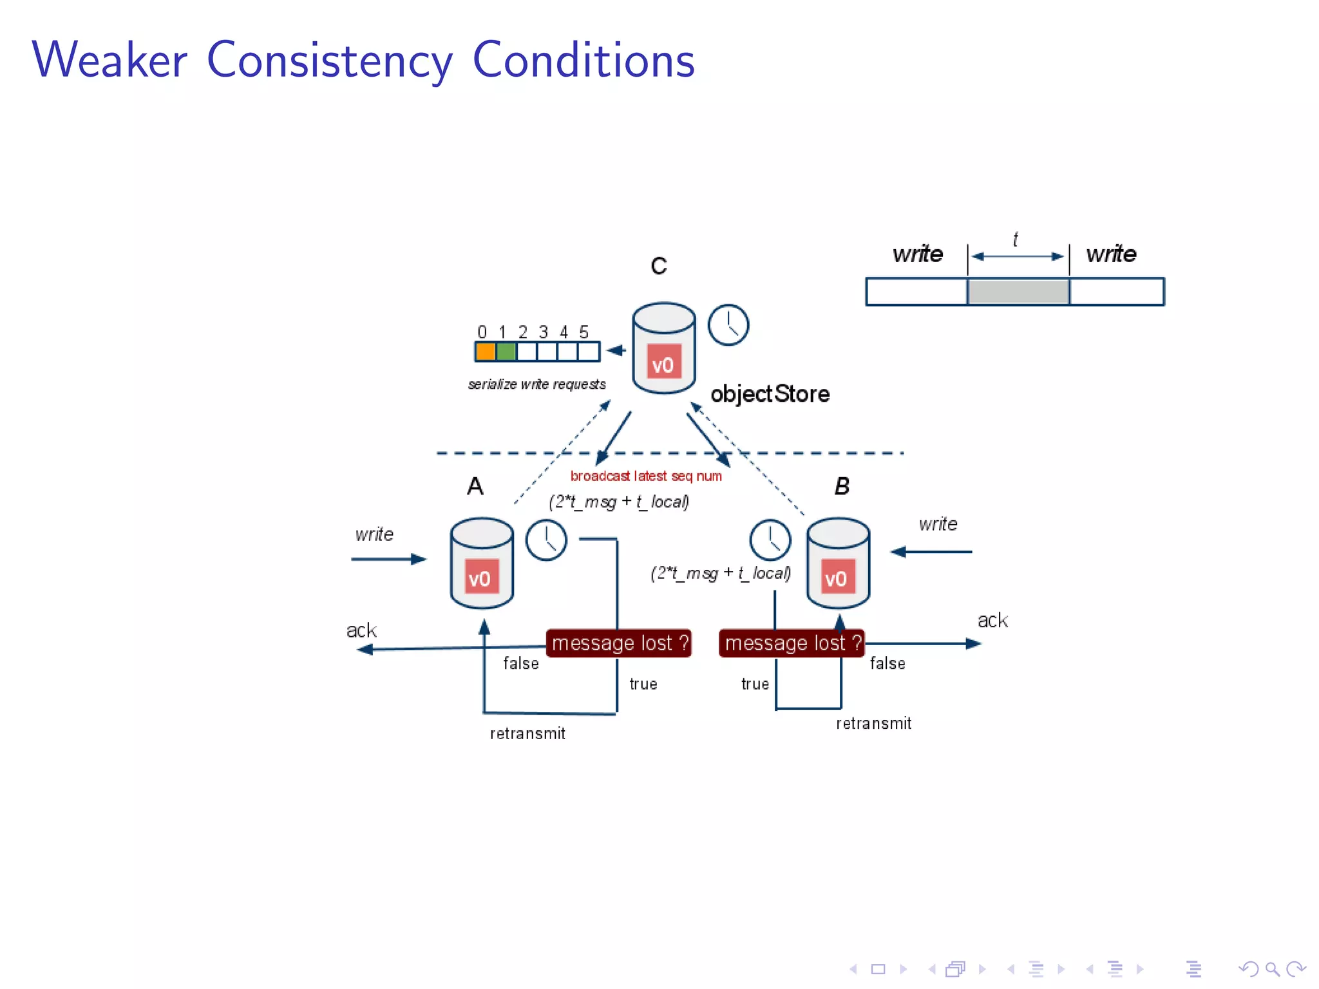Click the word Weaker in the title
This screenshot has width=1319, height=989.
point(109,60)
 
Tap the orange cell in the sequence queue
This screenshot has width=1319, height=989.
point(485,352)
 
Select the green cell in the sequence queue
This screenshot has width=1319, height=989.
point(506,352)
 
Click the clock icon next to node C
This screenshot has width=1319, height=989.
point(728,325)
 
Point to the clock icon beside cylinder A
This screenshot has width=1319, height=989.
point(546,540)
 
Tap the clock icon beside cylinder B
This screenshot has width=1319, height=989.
point(770,540)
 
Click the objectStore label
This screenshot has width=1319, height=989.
point(770,393)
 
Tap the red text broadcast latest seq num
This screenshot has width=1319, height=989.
point(646,476)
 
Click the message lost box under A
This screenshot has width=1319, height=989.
point(619,643)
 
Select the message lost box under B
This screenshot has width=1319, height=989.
point(792,643)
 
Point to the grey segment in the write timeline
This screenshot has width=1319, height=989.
point(1018,292)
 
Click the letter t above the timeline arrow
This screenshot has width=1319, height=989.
point(1016,240)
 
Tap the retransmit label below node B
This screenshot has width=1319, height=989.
point(873,723)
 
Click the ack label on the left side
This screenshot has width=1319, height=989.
point(361,630)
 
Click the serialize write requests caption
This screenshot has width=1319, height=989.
point(536,384)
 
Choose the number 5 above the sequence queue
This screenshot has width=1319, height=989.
point(584,332)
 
